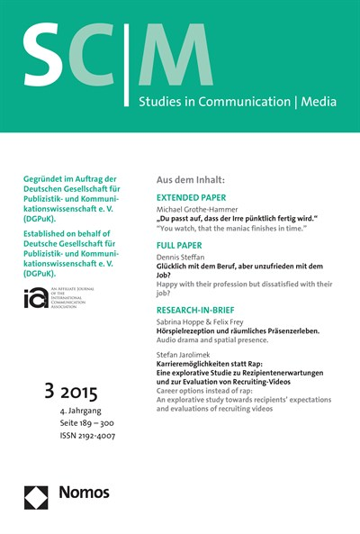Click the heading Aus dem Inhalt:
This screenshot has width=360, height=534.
coord(191,178)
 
